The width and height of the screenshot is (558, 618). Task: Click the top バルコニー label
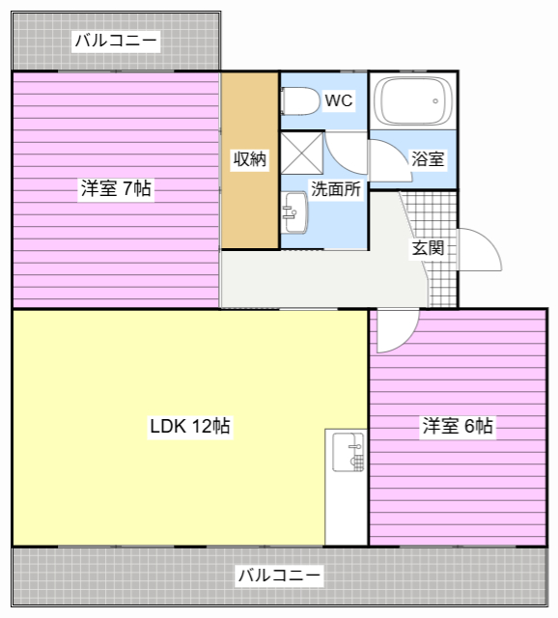(116, 41)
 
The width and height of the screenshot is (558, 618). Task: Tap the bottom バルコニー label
(279, 576)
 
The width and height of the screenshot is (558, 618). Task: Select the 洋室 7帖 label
(116, 188)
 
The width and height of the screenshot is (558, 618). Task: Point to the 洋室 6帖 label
(458, 426)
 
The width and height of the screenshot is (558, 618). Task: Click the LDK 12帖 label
(190, 426)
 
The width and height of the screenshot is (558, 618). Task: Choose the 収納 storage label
(250, 158)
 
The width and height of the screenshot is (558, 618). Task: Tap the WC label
(339, 100)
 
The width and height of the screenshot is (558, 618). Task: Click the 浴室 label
(428, 158)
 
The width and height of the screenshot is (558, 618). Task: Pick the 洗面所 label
(336, 189)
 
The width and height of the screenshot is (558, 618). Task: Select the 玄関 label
(428, 248)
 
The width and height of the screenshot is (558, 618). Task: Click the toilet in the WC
(300, 100)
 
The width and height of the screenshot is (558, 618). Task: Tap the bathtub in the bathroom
(413, 100)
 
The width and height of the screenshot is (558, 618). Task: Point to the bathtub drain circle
(435, 100)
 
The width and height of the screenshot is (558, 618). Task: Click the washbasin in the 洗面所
(294, 212)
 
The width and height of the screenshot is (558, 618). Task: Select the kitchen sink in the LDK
(348, 452)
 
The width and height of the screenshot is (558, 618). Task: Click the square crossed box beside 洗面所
(302, 154)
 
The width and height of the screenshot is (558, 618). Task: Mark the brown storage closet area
(250, 160)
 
